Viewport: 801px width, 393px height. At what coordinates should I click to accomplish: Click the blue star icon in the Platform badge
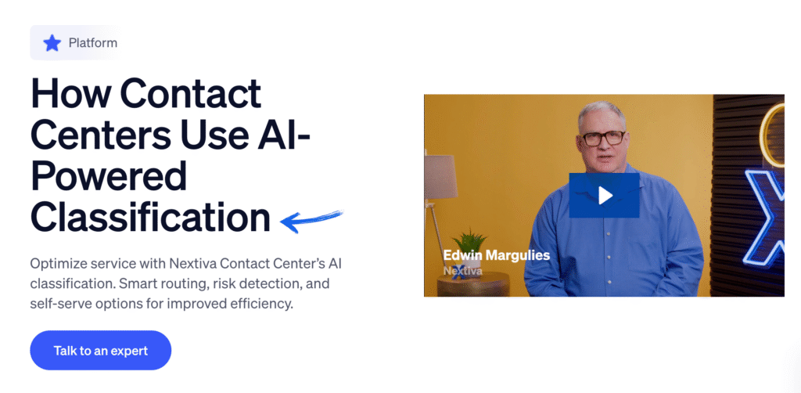(x=52, y=42)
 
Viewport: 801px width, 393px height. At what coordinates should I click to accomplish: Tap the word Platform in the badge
(x=92, y=42)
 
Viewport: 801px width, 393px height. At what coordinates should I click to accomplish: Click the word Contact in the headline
(x=191, y=96)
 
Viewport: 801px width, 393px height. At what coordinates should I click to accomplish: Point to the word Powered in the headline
(x=109, y=177)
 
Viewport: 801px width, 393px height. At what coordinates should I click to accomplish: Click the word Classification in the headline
(x=150, y=218)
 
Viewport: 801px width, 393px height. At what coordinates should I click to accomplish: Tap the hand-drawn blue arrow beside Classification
(x=311, y=220)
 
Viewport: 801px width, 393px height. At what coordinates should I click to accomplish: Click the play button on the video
(x=604, y=195)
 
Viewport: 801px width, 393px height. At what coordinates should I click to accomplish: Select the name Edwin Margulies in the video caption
(x=496, y=255)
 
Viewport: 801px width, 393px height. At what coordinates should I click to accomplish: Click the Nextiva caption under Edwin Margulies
(x=463, y=271)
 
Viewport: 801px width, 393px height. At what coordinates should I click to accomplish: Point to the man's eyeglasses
(x=603, y=139)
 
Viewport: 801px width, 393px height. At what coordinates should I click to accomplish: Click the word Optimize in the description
(x=59, y=263)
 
